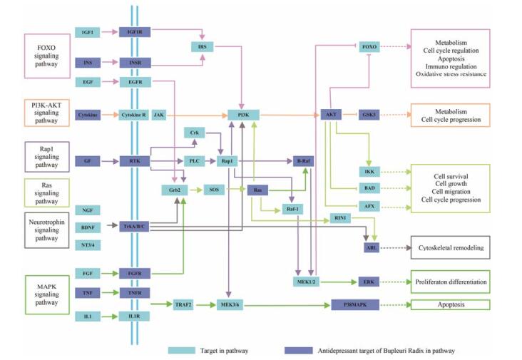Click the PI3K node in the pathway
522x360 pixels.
[244, 114]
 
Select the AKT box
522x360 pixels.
[330, 114]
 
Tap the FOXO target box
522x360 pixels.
[369, 47]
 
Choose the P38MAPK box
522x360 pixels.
[353, 304]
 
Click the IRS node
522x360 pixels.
[201, 47]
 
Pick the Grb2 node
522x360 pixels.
[174, 190]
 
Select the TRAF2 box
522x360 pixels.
[184, 304]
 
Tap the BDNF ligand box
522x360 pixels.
[88, 227]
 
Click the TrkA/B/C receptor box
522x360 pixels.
[134, 227]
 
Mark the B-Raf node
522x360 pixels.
[304, 161]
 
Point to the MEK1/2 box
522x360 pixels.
[309, 282]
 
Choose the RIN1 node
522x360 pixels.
[340, 217]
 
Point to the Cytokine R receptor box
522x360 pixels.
[134, 114]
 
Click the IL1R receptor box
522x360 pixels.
[134, 316]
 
